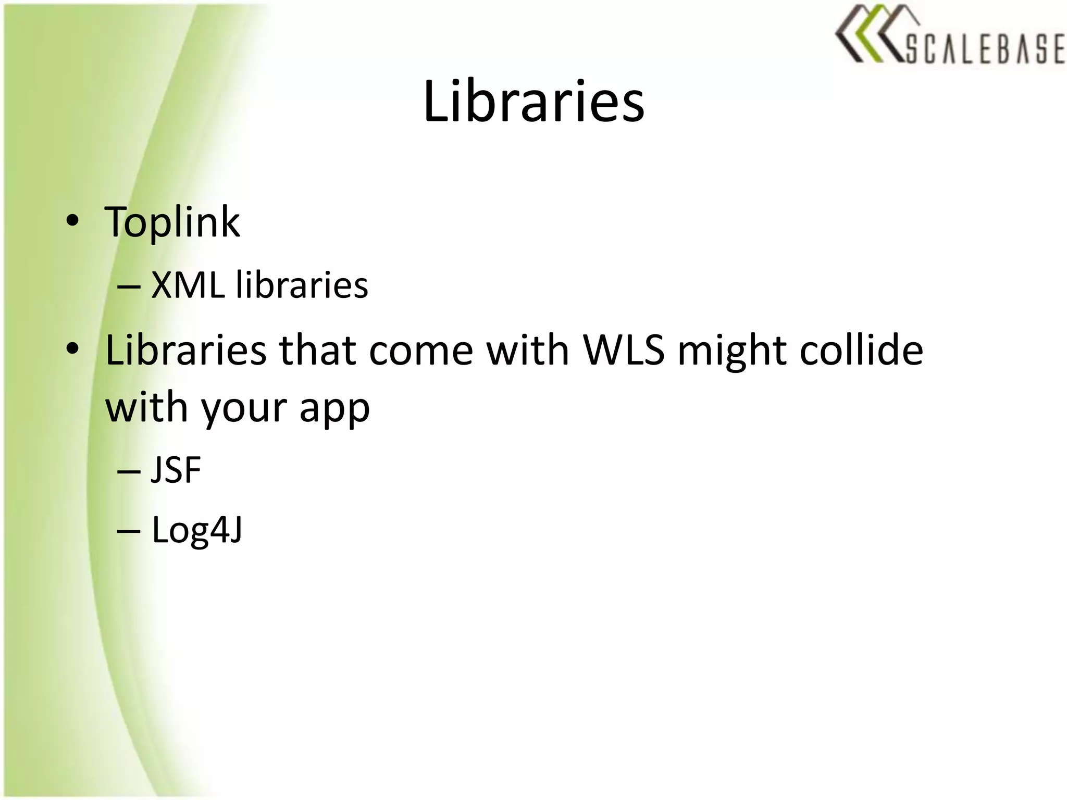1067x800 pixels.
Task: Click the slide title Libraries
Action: (533, 102)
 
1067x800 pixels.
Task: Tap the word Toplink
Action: (172, 222)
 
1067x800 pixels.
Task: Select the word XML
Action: (188, 285)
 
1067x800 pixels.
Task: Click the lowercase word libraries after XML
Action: (302, 285)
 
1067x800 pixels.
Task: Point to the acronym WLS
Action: (624, 350)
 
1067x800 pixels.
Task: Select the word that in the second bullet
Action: (317, 350)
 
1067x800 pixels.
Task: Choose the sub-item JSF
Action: (176, 470)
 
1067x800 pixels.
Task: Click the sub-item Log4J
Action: (197, 531)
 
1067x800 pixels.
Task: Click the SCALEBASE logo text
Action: (985, 49)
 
